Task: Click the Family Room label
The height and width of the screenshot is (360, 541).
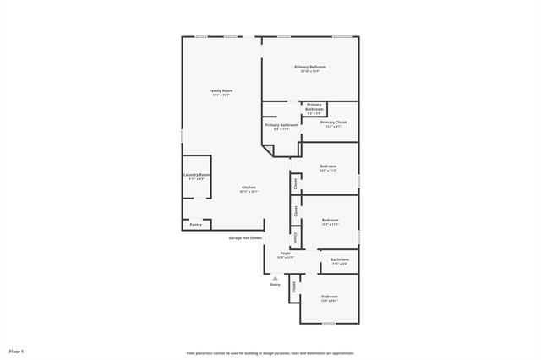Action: point(221,90)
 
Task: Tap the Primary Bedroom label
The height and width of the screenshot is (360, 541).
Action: point(310,67)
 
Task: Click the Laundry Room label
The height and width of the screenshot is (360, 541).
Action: point(196,175)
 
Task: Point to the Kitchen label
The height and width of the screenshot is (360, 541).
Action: point(249,188)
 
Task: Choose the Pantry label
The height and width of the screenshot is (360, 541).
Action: point(195,225)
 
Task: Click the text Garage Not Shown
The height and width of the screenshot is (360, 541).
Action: point(245,238)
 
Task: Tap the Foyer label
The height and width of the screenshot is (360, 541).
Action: point(285,254)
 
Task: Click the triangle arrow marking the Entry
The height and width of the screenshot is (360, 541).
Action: point(275,277)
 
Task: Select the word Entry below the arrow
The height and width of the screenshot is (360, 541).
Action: point(275,285)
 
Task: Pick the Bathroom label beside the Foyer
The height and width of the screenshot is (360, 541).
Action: point(340,259)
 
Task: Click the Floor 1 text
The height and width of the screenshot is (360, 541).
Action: point(17,351)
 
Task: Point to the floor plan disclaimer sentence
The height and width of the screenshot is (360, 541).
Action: point(270,353)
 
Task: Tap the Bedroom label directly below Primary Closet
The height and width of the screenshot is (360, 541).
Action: point(328,166)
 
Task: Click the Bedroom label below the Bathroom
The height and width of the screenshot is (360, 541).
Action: point(330,297)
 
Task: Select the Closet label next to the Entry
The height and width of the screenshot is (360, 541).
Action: point(294,287)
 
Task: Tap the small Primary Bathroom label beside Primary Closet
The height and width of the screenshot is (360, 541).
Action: point(314,107)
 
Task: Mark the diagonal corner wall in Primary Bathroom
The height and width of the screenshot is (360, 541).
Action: point(268,150)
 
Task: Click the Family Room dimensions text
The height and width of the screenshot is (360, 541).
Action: point(221,95)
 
